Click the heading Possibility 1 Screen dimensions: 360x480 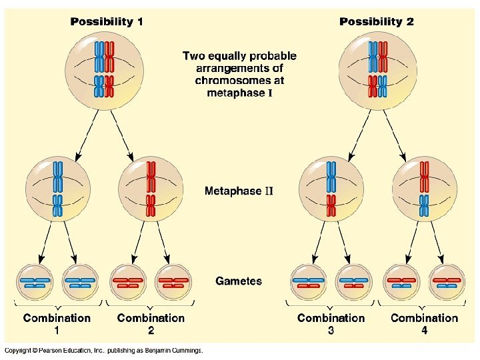[x=107, y=21]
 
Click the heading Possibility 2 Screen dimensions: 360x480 [x=377, y=21]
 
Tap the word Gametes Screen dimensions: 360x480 [x=239, y=281]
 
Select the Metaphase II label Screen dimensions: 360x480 [x=239, y=191]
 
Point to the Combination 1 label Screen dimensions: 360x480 [x=57, y=324]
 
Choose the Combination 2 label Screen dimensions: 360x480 [x=151, y=324]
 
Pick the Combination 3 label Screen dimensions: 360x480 [x=331, y=324]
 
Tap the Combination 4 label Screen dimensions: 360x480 [x=425, y=324]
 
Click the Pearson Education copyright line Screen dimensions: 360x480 [x=103, y=351]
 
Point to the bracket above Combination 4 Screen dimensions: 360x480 [x=425, y=305]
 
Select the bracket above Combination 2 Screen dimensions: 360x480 [x=151, y=305]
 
